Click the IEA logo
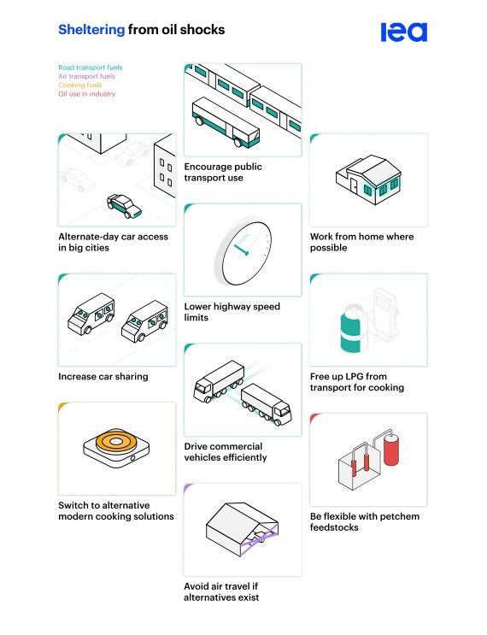[x=403, y=32]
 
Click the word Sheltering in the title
[x=91, y=30]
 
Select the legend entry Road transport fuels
[x=91, y=68]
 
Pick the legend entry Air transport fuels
[x=86, y=76]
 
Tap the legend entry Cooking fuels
[x=80, y=85]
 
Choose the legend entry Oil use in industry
[x=86, y=94]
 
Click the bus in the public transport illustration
[x=226, y=122]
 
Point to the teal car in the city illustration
[x=124, y=206]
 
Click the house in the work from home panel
[x=368, y=179]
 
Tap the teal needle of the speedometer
[x=240, y=250]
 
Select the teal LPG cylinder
[x=352, y=329]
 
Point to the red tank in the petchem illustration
[x=391, y=450]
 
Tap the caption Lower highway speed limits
[x=232, y=312]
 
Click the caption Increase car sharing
[x=103, y=377]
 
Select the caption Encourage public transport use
[x=223, y=172]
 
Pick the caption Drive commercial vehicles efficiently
[x=226, y=452]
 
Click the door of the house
[x=354, y=186]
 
